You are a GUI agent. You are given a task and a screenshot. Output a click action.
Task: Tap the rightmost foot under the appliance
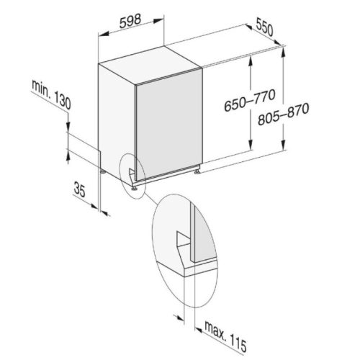coord(198,171)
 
